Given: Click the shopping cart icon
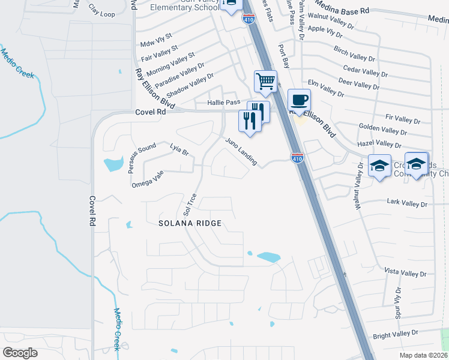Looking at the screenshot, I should tap(265, 81).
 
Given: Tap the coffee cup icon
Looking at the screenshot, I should tap(299, 100).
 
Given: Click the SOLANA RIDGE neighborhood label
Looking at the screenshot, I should tap(190, 223).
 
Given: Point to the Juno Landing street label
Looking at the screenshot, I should tap(241, 152).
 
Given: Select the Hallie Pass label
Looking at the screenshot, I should tap(223, 103).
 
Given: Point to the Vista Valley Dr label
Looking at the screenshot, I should tap(402, 273).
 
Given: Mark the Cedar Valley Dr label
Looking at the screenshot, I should tap(365, 72).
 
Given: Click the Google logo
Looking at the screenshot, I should tap(20, 352).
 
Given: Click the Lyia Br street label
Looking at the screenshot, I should tap(179, 149).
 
